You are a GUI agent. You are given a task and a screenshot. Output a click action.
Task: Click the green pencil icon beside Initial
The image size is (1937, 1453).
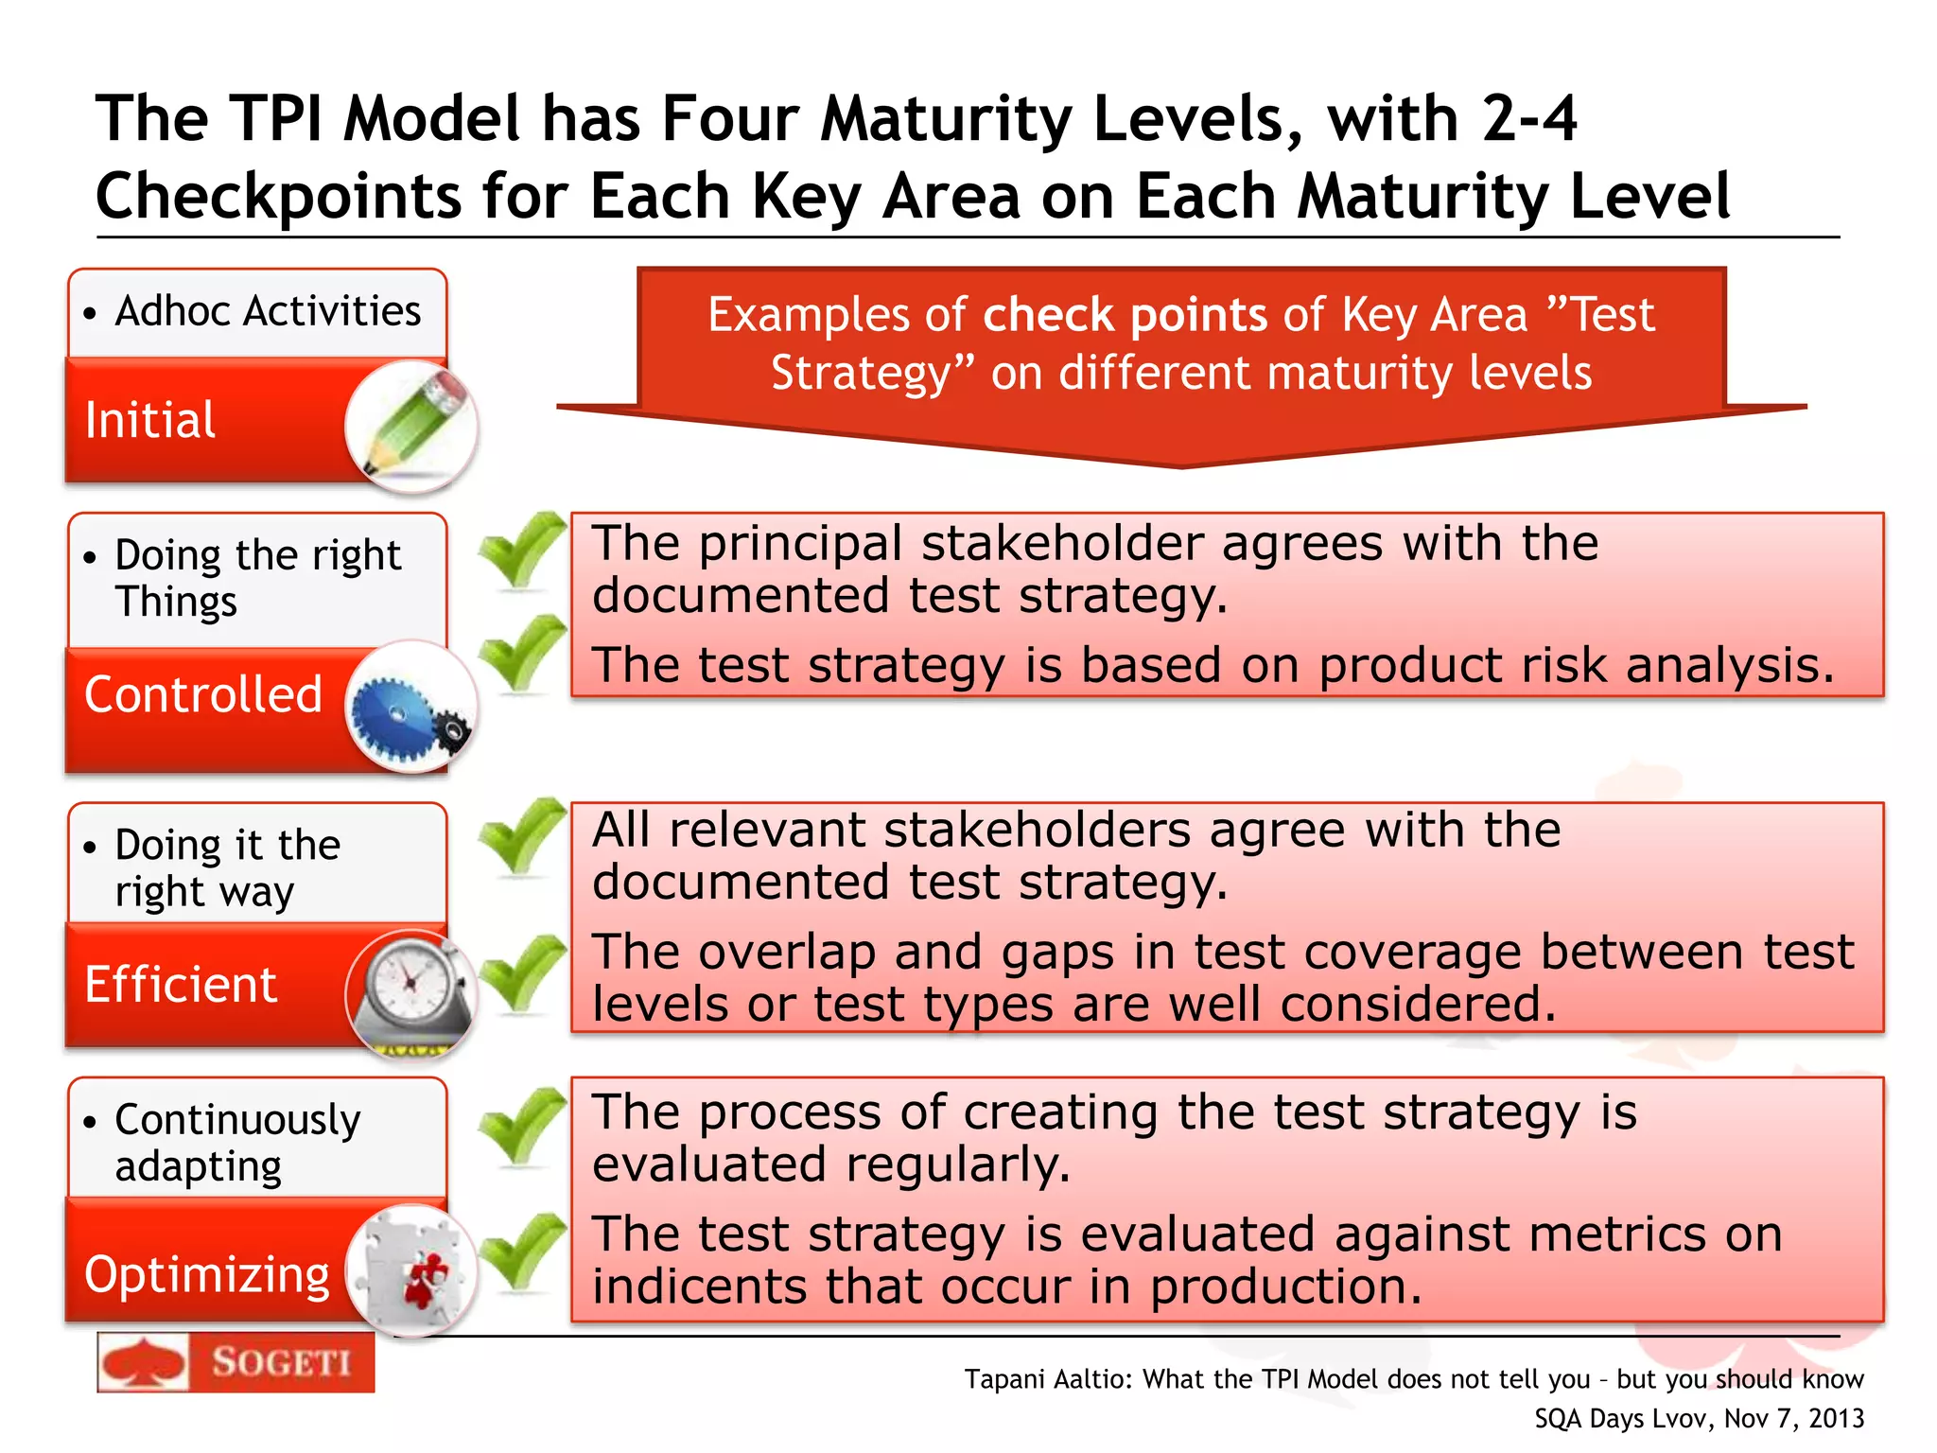pos(413,426)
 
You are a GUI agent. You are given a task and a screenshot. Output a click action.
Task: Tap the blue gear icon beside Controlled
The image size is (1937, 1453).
pos(410,709)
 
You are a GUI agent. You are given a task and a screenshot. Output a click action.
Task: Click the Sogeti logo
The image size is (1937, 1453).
pos(236,1362)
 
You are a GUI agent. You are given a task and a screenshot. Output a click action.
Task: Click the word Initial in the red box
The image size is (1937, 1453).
pos(150,420)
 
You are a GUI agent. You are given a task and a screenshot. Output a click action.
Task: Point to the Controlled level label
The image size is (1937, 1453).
pos(203,694)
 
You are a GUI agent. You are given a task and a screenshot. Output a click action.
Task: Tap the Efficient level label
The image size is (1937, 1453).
pos(181,985)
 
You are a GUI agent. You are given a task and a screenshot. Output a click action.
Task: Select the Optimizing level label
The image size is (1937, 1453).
pos(207,1274)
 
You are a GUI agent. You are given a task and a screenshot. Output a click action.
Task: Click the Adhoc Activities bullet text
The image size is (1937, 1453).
pos(268,311)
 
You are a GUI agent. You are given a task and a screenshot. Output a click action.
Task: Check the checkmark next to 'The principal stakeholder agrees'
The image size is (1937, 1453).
pos(521,549)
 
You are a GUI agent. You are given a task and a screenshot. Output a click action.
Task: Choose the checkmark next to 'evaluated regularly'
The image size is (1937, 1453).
pos(521,1125)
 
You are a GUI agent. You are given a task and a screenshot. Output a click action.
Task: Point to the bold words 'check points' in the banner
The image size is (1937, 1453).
pos(1126,315)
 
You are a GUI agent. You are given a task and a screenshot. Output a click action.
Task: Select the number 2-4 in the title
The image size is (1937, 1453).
pos(1529,119)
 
